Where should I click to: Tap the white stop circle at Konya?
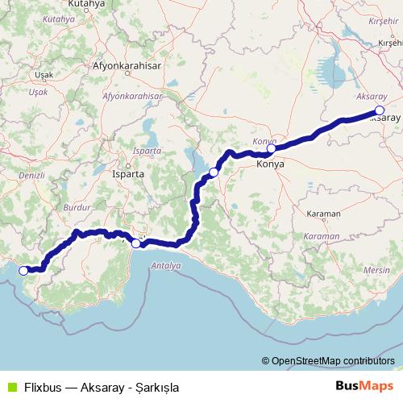(x=272, y=148)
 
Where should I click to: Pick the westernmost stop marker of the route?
(x=24, y=271)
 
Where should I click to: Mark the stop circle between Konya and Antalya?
(x=214, y=172)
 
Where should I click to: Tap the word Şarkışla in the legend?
(x=154, y=387)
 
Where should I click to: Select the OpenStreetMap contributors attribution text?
(x=332, y=360)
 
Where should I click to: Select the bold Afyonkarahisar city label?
(x=127, y=65)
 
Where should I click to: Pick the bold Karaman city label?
(x=324, y=214)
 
